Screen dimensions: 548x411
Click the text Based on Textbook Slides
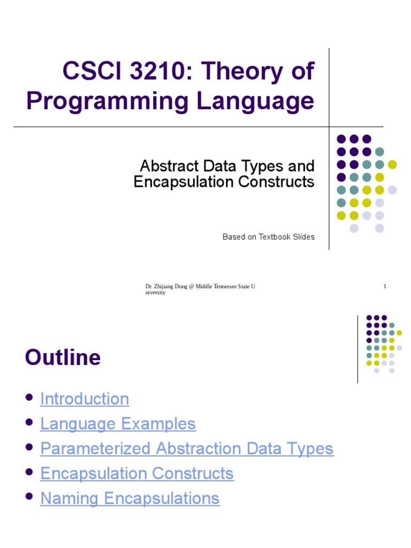coord(269,237)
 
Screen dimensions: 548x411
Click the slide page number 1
coord(385,287)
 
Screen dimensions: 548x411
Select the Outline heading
coord(63,357)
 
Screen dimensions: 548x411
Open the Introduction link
coord(85,399)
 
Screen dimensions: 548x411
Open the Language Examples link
coord(118,424)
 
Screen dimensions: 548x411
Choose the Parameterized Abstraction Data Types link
coord(187,448)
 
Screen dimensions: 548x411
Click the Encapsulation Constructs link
coord(137,474)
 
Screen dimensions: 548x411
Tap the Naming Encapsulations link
coord(130,498)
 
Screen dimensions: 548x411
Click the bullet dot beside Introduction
coord(29,398)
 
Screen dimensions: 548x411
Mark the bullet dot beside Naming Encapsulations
coord(29,497)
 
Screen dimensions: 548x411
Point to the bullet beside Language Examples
coord(29,423)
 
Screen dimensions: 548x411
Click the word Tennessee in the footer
coord(224,287)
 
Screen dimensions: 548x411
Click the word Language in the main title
coord(255,101)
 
